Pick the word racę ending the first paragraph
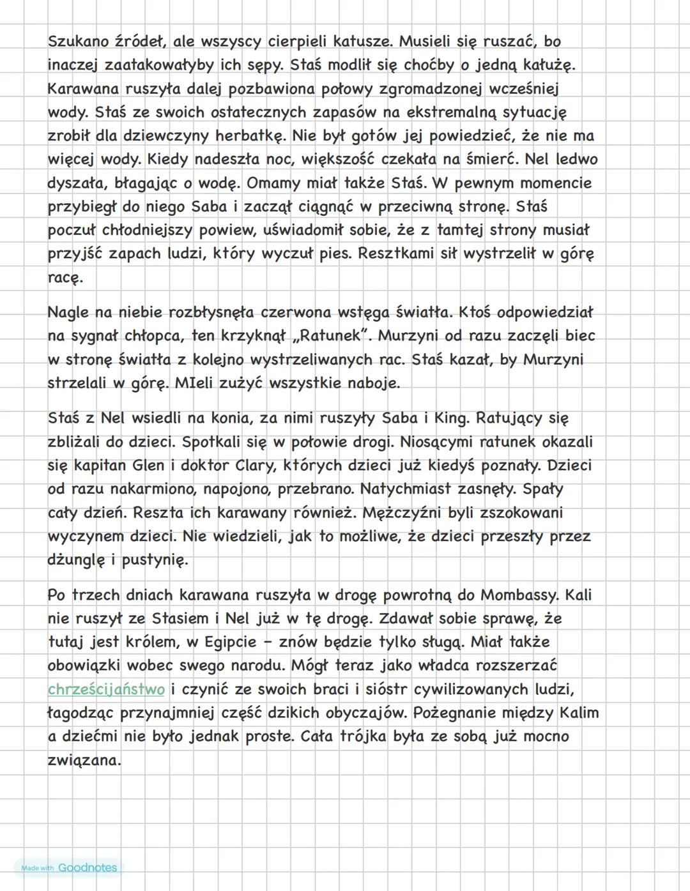coord(65,278)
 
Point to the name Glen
coord(148,466)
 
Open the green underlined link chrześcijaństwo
coord(106,690)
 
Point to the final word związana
coord(84,761)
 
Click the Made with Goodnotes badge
coord(68,867)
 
